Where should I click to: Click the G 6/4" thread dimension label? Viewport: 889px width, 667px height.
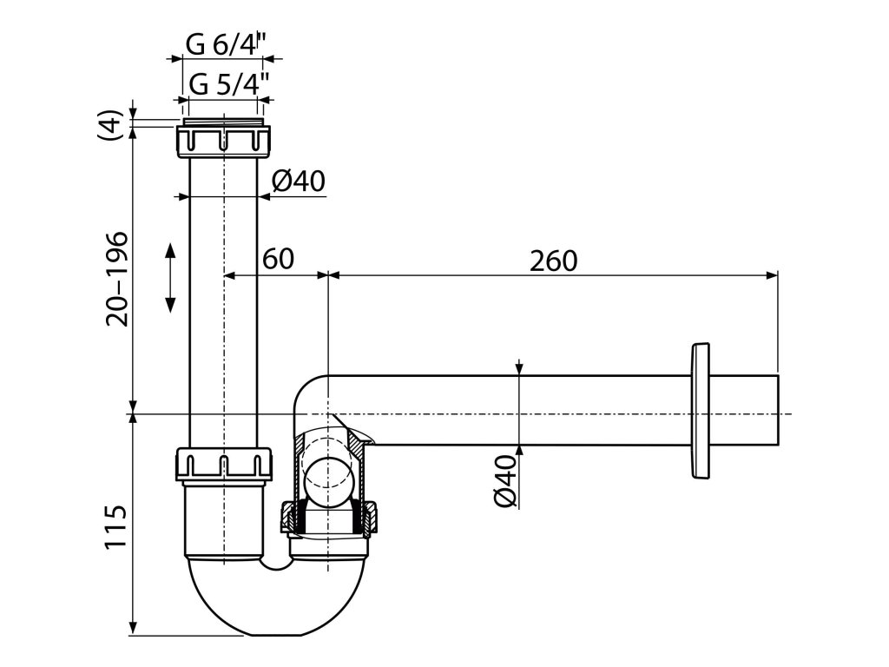(222, 43)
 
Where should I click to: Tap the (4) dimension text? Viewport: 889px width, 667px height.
(110, 128)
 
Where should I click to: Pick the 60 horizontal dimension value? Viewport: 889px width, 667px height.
(277, 259)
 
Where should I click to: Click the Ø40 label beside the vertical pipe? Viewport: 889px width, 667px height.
(298, 181)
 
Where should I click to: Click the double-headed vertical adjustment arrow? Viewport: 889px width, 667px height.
(170, 278)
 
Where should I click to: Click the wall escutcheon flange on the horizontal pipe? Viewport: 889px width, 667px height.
(698, 411)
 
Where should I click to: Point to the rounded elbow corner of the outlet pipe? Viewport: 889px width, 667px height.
(308, 388)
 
